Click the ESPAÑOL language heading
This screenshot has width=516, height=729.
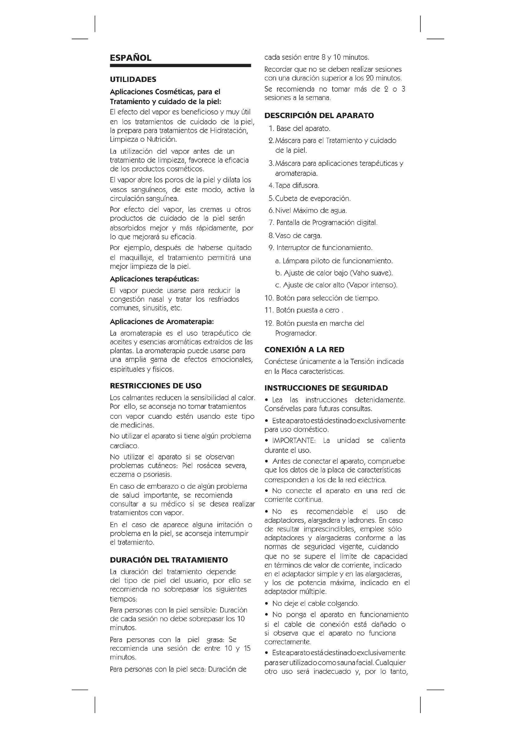[x=130, y=58]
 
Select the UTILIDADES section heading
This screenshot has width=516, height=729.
[x=133, y=79]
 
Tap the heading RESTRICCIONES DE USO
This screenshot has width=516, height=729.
[x=155, y=386]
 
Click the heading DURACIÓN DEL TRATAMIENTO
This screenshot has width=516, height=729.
[x=169, y=560]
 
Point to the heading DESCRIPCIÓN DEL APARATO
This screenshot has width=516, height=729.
[x=319, y=116]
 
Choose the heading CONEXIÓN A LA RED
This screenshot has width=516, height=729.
[x=304, y=350]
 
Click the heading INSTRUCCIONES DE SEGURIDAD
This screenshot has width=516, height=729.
[x=326, y=388]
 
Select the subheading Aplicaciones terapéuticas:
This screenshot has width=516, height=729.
[x=154, y=279]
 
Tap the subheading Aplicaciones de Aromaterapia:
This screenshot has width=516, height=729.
[x=162, y=322]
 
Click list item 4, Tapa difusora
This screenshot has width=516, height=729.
[x=297, y=185]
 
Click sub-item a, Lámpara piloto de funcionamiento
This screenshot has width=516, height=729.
[x=333, y=261]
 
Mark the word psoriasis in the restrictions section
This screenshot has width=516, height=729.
[x=160, y=475]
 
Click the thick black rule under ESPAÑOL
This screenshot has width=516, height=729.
[x=180, y=65]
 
